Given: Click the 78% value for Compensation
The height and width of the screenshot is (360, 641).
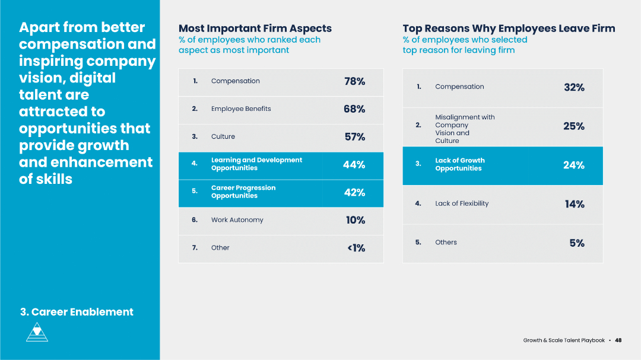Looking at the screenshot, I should (354, 82).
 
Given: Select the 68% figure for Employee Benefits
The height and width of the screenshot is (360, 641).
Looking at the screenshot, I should (354, 109).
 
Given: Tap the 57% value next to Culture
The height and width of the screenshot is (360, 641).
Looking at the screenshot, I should (355, 137).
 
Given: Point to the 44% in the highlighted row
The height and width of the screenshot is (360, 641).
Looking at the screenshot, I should (354, 165).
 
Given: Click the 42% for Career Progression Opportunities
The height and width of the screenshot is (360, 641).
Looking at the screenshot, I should (354, 193).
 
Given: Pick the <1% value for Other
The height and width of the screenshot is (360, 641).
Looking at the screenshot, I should (356, 248).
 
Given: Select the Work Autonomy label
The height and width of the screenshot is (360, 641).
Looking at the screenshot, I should (237, 220).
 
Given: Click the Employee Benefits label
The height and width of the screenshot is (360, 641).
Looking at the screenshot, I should (240, 109).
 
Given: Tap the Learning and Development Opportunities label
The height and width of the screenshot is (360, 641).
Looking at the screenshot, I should (256, 164).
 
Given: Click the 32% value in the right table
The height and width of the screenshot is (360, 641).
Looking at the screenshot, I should (574, 88).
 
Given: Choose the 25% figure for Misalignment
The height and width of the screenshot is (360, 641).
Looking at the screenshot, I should (574, 126).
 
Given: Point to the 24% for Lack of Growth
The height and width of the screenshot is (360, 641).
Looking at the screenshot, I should (574, 165).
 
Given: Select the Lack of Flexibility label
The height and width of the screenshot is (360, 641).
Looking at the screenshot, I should (462, 203).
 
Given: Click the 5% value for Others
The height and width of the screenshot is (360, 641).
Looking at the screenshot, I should (577, 243).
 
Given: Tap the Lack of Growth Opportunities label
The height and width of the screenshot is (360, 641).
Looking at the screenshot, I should (459, 164).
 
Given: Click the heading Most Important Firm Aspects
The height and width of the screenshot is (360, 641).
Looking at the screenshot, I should (255, 28).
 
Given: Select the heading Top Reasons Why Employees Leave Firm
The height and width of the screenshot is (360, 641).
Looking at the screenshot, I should (509, 28).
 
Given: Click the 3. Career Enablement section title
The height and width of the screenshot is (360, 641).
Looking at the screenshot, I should (77, 312).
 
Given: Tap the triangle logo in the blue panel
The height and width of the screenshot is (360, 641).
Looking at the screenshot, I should (37, 332).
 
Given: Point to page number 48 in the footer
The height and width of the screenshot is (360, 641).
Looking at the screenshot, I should (618, 340).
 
